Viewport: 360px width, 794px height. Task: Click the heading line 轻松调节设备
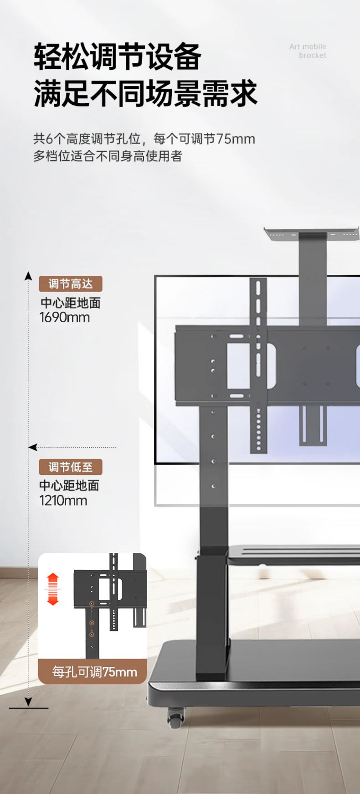click(x=118, y=57)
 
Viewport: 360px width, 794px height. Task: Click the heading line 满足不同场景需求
click(x=145, y=93)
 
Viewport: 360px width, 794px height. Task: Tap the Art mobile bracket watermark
click(x=308, y=51)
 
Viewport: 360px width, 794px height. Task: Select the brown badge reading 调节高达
click(x=70, y=284)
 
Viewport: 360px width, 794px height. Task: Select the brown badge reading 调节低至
click(x=70, y=467)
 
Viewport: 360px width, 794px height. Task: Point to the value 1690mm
click(x=65, y=318)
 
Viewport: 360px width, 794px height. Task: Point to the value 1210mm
click(x=63, y=500)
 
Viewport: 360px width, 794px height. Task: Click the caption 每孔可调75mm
click(x=94, y=672)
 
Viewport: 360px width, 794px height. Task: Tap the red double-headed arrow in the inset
click(x=53, y=589)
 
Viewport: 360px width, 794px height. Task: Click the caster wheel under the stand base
click(x=175, y=717)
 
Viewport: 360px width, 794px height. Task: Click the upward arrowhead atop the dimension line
click(x=28, y=276)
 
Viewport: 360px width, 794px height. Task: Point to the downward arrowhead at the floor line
click(x=28, y=702)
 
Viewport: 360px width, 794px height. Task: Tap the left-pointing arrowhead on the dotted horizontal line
click(x=32, y=447)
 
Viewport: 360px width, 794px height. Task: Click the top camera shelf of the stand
click(x=312, y=234)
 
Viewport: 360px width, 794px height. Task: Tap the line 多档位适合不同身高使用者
click(x=108, y=156)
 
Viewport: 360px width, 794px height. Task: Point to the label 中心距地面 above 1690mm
click(x=71, y=303)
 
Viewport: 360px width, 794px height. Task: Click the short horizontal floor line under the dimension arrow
click(x=28, y=708)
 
